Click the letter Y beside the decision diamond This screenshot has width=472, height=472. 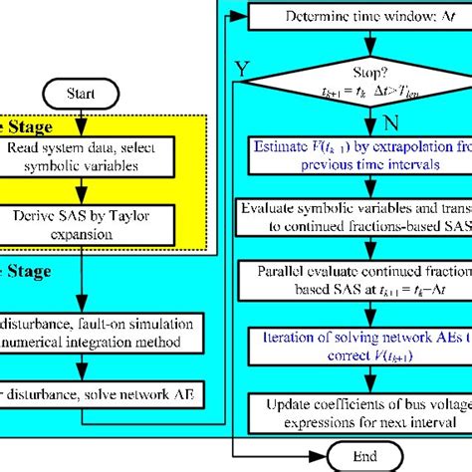[x=240, y=69]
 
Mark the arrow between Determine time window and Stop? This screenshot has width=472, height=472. [x=369, y=37]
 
